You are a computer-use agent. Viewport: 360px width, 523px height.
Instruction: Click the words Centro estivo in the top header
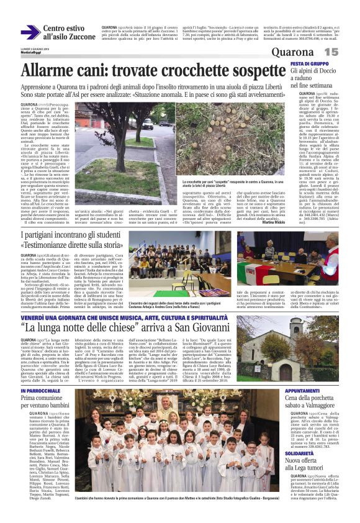65,29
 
